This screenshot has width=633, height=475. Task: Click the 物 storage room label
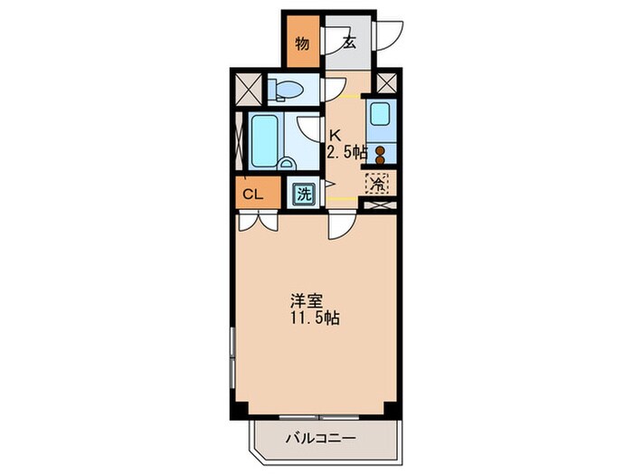[x=303, y=43]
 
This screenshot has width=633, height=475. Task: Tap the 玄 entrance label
[x=348, y=42]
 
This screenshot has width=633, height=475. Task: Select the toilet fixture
[x=287, y=89]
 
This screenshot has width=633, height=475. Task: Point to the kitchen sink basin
[x=381, y=114]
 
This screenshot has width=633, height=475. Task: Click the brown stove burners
[x=381, y=155]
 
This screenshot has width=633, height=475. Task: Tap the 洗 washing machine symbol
[x=304, y=193]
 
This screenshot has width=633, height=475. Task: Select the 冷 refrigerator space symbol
[x=377, y=184]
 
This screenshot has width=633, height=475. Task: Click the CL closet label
[x=253, y=193]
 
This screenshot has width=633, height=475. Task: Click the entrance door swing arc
[x=389, y=34]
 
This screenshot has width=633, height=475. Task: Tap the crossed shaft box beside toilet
[x=246, y=89]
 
